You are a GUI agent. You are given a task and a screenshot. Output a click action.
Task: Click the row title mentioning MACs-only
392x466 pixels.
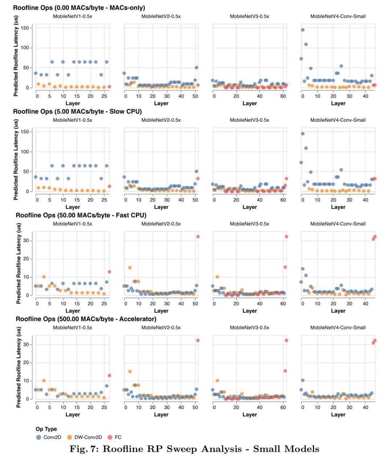point(79,8)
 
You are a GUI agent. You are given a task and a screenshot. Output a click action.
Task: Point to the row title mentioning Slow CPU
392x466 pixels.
point(77,112)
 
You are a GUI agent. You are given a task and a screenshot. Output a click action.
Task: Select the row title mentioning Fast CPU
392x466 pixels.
point(81,215)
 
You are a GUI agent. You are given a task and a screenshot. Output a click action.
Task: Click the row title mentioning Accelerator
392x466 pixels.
point(86,319)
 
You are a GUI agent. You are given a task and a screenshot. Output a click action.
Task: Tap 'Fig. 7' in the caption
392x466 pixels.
point(83,449)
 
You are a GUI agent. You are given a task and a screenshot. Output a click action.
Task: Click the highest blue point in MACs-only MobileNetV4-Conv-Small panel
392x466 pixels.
point(303,30)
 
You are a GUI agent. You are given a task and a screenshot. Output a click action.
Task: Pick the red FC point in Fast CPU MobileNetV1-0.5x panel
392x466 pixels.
point(109,272)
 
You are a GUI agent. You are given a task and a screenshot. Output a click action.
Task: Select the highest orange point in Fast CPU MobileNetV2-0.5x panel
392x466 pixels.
point(130,268)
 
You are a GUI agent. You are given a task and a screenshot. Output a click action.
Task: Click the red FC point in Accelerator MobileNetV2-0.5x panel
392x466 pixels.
point(198,340)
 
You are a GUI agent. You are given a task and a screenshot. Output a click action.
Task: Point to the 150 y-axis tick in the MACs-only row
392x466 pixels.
point(25,28)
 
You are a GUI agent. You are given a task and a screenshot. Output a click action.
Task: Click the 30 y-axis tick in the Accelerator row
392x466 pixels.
point(26,344)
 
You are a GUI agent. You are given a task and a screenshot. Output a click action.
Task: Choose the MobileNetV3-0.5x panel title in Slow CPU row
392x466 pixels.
point(249,120)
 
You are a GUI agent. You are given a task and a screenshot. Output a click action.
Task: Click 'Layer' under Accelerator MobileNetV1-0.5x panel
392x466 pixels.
point(73,414)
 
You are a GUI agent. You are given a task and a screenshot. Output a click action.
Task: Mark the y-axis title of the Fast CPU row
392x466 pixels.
point(19,263)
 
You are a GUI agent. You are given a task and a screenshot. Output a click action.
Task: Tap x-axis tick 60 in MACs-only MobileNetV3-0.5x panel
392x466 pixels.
point(283,96)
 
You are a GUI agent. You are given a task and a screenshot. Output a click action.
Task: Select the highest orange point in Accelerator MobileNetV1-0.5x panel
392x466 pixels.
point(44,381)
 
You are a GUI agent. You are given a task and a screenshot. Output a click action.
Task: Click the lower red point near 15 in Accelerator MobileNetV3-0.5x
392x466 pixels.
point(285,371)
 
